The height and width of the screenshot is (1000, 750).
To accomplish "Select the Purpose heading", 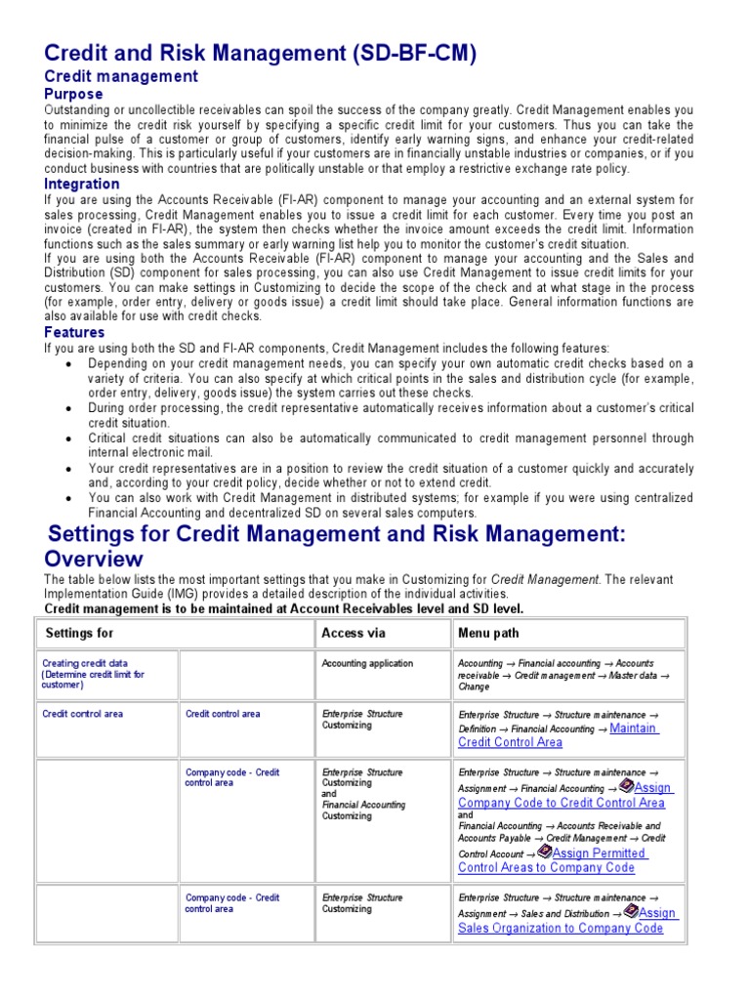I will point(73,95).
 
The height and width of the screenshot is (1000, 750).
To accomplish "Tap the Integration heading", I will point(82,184).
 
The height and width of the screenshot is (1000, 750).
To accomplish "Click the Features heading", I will point(75,333).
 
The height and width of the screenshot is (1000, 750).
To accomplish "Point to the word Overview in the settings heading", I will point(94,559).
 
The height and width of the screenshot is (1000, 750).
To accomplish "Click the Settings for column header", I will point(79,634).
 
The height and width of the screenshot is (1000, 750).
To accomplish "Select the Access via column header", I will point(353,634).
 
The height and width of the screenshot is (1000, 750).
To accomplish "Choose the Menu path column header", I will point(490,634).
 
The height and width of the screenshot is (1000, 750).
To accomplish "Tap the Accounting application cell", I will point(367,664).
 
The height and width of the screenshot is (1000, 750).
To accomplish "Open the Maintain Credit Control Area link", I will point(558,734).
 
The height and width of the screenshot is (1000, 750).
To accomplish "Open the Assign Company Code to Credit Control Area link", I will point(562,796).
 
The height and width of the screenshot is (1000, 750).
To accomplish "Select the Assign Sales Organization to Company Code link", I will point(561,921).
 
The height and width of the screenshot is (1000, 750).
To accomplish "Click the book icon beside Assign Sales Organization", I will point(631,910).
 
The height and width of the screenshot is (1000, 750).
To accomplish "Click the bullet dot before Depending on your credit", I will point(69,364).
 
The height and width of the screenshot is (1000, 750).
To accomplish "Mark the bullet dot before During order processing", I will point(69,408).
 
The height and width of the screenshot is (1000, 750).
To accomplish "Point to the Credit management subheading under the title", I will point(121,76).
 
